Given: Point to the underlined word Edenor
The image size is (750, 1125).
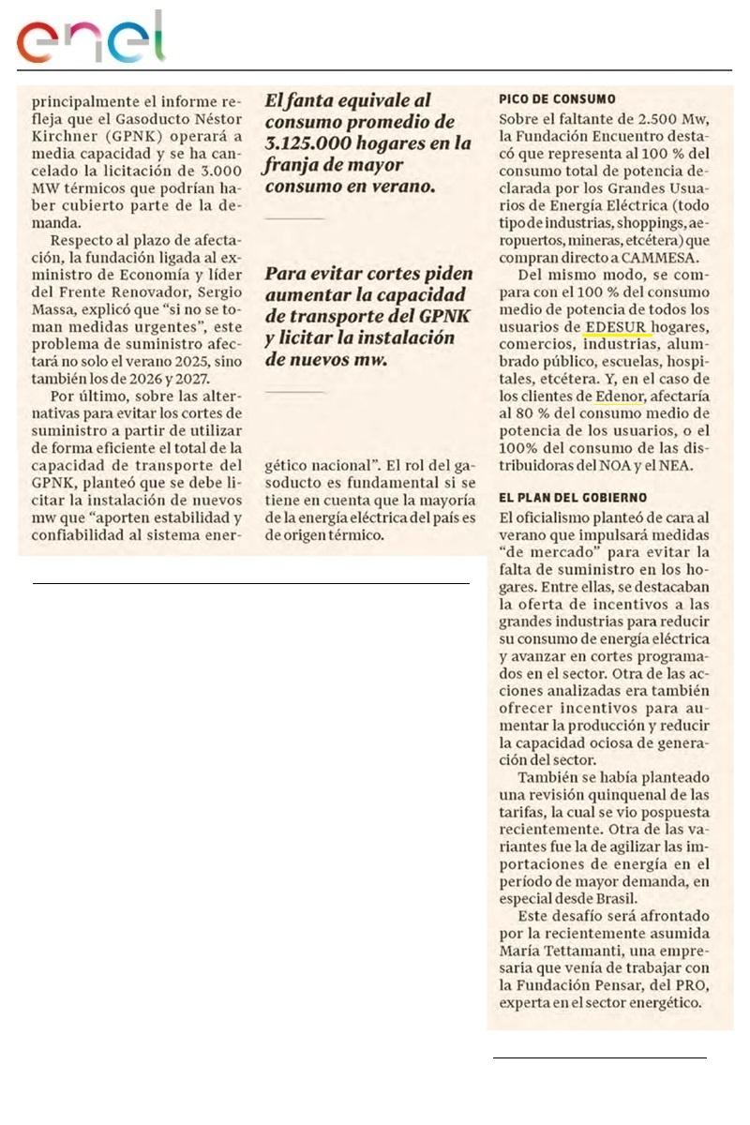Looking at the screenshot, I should [620, 397].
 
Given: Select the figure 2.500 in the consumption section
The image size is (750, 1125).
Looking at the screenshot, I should [659, 118].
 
